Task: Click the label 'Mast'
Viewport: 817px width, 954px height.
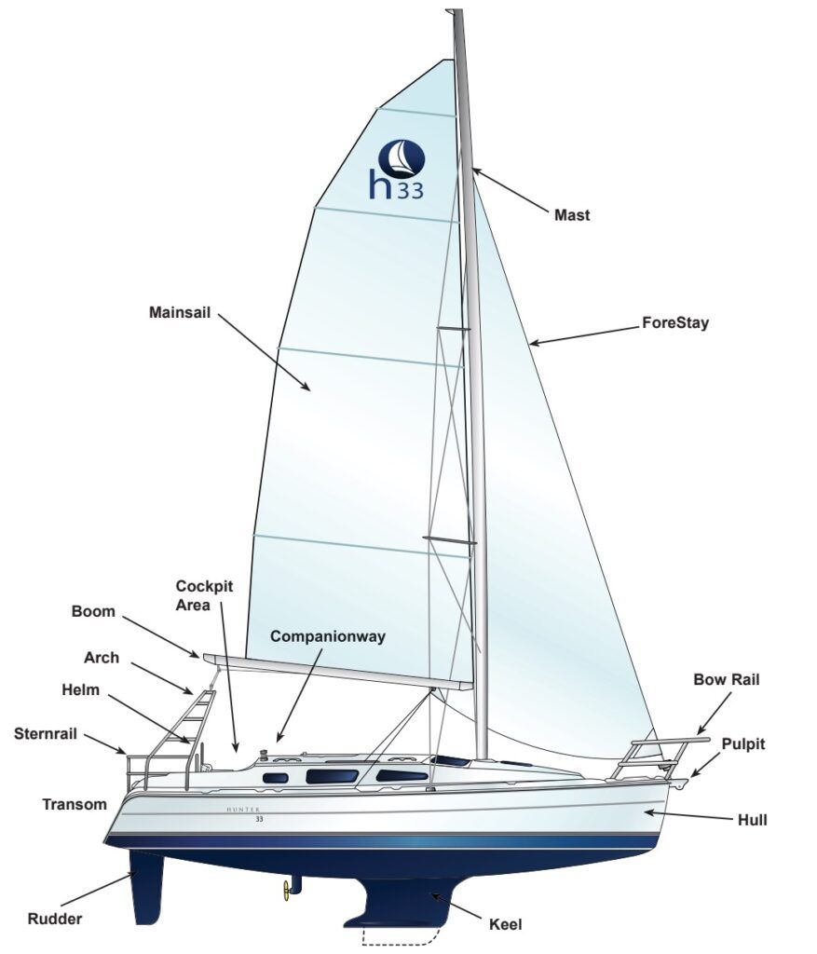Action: click(572, 215)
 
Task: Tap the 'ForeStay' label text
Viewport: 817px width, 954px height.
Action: click(675, 323)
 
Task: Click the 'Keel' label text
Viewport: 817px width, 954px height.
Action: click(506, 924)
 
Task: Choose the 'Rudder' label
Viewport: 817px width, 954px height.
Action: click(54, 919)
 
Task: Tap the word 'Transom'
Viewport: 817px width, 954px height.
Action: click(75, 804)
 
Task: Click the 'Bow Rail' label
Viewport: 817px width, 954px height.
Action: click(726, 679)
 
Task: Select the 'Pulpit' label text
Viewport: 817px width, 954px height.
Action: click(742, 743)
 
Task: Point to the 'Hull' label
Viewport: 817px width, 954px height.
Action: click(752, 820)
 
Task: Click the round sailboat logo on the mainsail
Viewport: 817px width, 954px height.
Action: click(402, 158)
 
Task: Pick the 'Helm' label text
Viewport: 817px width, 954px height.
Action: click(80, 690)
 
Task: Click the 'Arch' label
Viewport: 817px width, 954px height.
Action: click(101, 657)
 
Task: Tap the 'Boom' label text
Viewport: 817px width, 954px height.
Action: click(93, 612)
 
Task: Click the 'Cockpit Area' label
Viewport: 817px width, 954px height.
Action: click(204, 594)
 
